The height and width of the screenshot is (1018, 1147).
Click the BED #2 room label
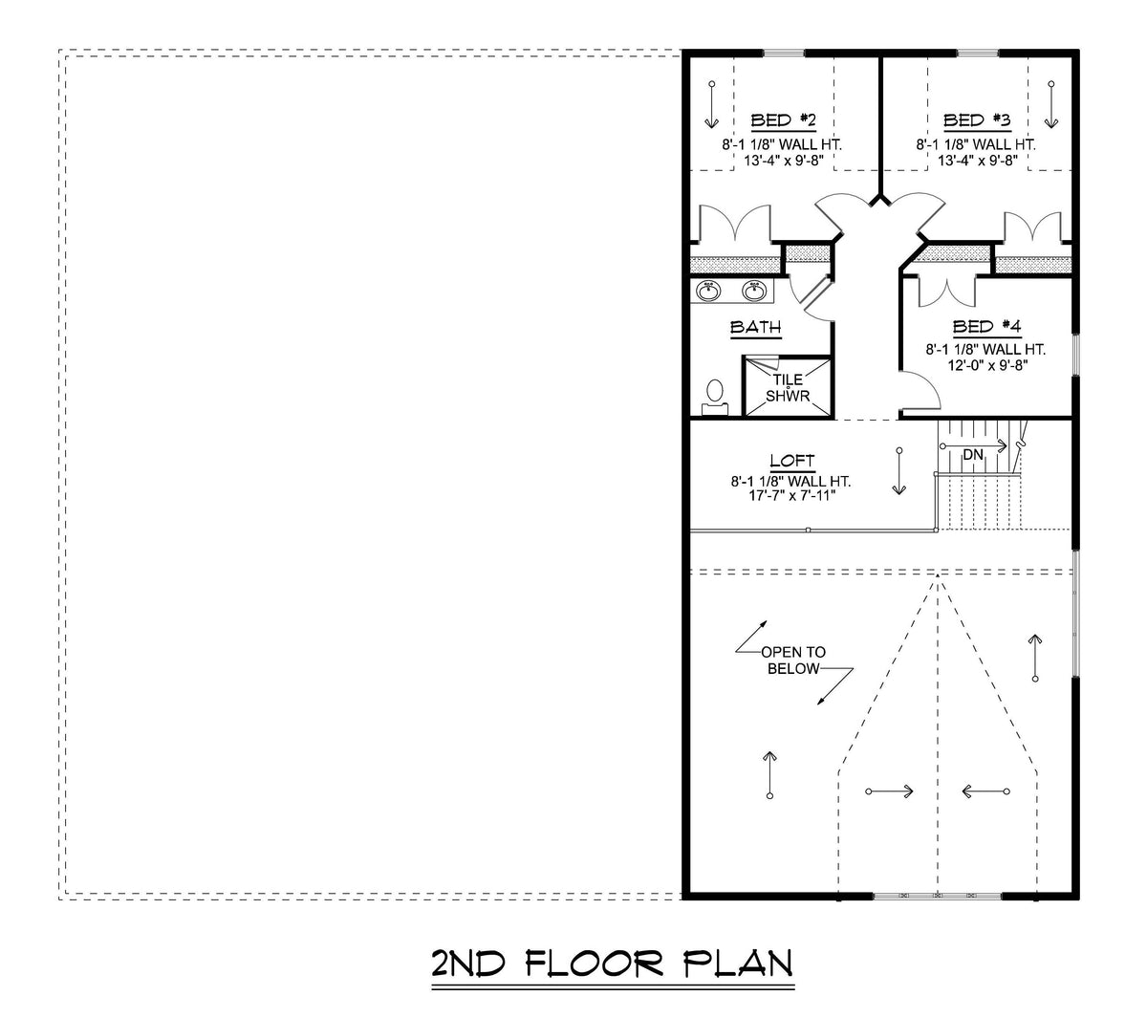click(782, 120)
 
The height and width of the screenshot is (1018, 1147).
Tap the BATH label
click(755, 328)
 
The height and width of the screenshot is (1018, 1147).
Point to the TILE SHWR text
click(788, 388)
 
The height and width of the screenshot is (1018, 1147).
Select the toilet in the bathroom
click(714, 399)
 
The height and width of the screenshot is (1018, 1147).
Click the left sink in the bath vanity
click(709, 290)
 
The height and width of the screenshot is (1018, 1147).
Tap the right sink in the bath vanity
click(755, 290)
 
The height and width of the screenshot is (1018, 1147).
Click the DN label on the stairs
click(972, 455)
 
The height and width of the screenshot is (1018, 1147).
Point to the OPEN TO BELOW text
click(792, 661)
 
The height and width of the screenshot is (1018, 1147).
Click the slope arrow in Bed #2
click(711, 104)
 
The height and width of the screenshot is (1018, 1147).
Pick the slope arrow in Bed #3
click(1051, 104)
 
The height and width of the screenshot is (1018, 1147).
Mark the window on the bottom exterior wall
click(937, 896)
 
